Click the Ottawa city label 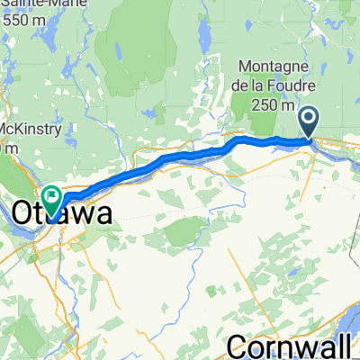[x=63, y=214]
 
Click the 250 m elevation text [x=274, y=103]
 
